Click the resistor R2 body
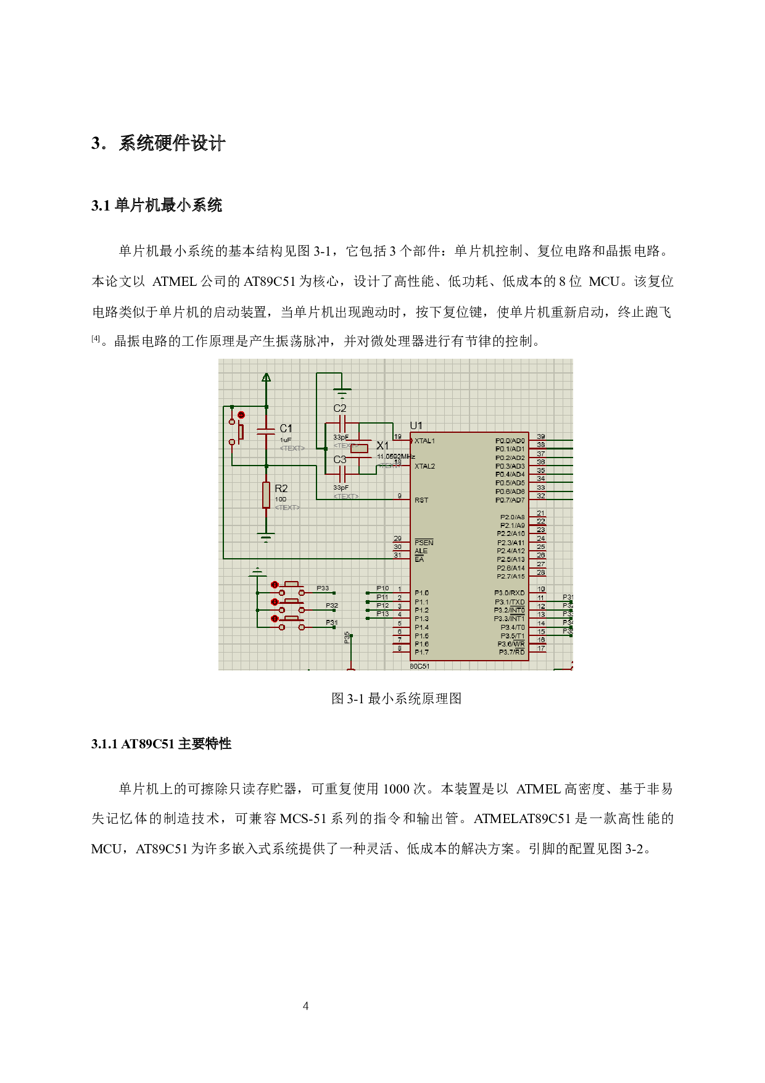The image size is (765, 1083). (x=266, y=495)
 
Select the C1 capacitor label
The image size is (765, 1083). (x=286, y=428)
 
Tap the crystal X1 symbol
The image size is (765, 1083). (x=359, y=448)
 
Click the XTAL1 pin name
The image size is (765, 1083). (x=424, y=441)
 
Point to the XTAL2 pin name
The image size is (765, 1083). (x=424, y=466)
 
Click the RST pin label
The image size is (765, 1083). (x=421, y=500)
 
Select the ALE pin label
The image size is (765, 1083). (x=421, y=551)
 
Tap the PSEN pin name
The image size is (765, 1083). (x=424, y=542)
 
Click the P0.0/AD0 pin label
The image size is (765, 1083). (x=510, y=441)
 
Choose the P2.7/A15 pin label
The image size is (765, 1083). (x=511, y=576)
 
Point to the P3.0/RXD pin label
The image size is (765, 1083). (x=510, y=593)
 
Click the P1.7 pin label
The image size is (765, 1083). (x=421, y=652)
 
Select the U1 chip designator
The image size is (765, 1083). (x=416, y=425)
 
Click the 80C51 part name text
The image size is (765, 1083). (x=420, y=666)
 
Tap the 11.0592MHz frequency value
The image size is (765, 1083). (x=395, y=456)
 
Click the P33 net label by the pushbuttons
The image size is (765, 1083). (x=323, y=588)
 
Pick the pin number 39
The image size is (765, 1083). (x=541, y=437)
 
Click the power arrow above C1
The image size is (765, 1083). (x=266, y=378)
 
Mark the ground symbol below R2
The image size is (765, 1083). (x=266, y=537)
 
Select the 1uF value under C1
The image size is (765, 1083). (x=286, y=440)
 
